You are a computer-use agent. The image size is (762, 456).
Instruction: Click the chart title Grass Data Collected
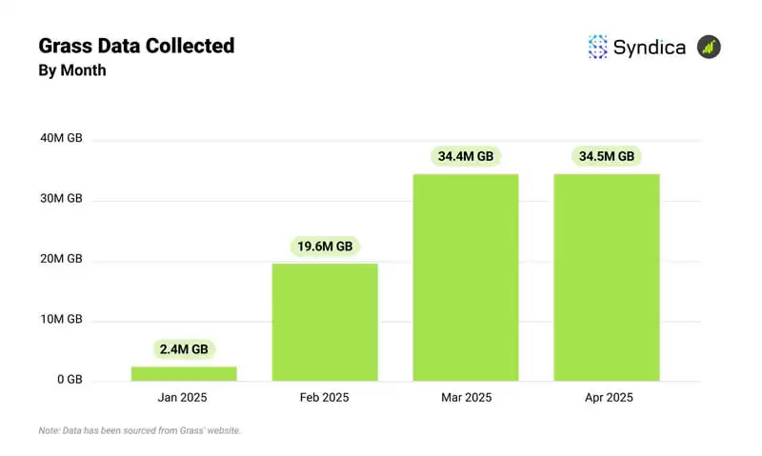(136, 45)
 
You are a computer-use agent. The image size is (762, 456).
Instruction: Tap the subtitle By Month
(71, 70)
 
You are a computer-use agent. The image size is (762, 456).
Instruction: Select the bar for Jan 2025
(184, 373)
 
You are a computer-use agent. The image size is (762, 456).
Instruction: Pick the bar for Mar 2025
(466, 277)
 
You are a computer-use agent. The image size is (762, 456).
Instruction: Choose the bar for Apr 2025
(607, 277)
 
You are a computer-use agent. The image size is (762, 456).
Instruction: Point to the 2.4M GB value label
(184, 349)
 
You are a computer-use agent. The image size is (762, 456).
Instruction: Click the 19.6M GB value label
(325, 247)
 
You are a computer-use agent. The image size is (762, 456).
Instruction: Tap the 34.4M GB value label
(466, 156)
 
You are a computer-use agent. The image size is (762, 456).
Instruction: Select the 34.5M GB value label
(607, 156)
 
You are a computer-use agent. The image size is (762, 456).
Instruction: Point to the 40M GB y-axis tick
(62, 138)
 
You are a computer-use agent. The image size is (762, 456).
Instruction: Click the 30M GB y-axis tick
(62, 199)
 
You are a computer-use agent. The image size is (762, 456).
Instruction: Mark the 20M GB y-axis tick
(62, 259)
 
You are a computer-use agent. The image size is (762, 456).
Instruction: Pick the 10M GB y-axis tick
(62, 319)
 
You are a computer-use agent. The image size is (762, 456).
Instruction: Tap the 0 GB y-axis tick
(69, 380)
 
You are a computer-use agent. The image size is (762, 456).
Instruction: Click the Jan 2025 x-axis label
(184, 397)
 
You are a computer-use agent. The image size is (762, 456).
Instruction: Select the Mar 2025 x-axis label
(466, 397)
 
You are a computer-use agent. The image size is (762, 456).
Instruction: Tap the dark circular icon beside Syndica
(709, 47)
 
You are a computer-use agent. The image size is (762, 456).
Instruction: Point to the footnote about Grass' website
(140, 431)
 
